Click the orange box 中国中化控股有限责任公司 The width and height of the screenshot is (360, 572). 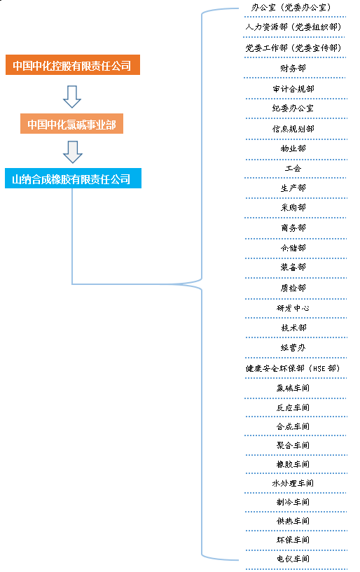coord(73,65)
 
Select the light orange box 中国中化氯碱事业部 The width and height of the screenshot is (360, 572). coord(71,124)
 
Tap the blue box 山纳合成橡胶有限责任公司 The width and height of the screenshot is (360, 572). coord(73,179)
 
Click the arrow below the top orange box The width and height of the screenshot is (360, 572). coord(72,97)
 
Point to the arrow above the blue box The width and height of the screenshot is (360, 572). coord(73,152)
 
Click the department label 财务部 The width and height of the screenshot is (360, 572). coord(293,68)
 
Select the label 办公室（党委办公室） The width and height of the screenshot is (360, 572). coord(291,7)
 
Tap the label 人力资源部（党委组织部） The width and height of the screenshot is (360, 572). coord(293,27)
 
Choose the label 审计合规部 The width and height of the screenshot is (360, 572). coord(293,89)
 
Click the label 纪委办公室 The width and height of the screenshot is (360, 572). coord(293,109)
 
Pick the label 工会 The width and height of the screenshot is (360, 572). coord(293,168)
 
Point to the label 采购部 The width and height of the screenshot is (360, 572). coord(293,207)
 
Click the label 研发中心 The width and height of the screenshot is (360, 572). coord(293,308)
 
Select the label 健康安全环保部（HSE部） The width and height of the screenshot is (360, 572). coord(293,368)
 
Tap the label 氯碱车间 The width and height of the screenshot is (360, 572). coord(293,388)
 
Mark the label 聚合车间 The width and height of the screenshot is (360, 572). coord(293,445)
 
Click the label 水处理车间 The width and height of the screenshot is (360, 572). coord(293,483)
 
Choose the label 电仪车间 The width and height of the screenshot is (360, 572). coord(293,559)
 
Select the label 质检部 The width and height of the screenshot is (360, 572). coord(293,288)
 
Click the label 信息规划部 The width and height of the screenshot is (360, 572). coord(293,129)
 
